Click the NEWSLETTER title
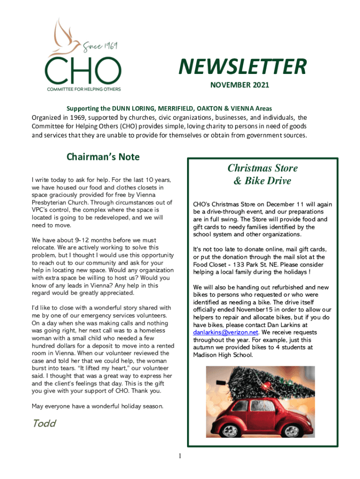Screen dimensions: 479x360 [242, 67]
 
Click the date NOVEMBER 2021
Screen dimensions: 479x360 [239, 86]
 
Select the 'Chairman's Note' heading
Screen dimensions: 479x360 [103, 156]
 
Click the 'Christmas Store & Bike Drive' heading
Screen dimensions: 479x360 [262, 174]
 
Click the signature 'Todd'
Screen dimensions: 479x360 [44, 423]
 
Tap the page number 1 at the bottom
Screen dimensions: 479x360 [180, 456]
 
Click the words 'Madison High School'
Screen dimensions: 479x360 [223, 355]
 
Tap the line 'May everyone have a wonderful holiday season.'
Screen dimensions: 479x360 [97, 406]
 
